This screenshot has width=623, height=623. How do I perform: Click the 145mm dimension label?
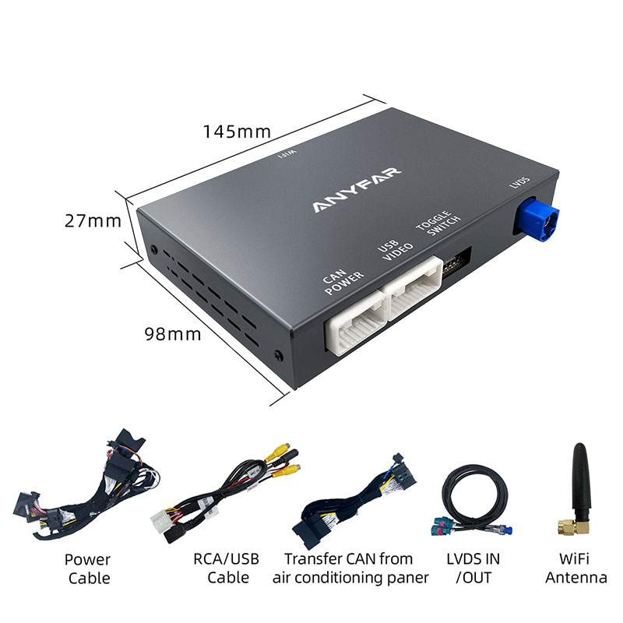[x=237, y=131]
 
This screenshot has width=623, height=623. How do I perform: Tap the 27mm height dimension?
[x=93, y=220]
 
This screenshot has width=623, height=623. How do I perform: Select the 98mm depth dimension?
[x=172, y=334]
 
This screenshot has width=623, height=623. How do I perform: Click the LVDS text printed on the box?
[x=519, y=183]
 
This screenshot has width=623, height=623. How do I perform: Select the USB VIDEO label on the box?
[x=395, y=253]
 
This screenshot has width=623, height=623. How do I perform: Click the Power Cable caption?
[x=88, y=568]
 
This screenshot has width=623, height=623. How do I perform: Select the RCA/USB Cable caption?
[x=226, y=568]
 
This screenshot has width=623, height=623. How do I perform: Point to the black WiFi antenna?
[x=578, y=483]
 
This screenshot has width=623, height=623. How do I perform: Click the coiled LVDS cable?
[x=473, y=498]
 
